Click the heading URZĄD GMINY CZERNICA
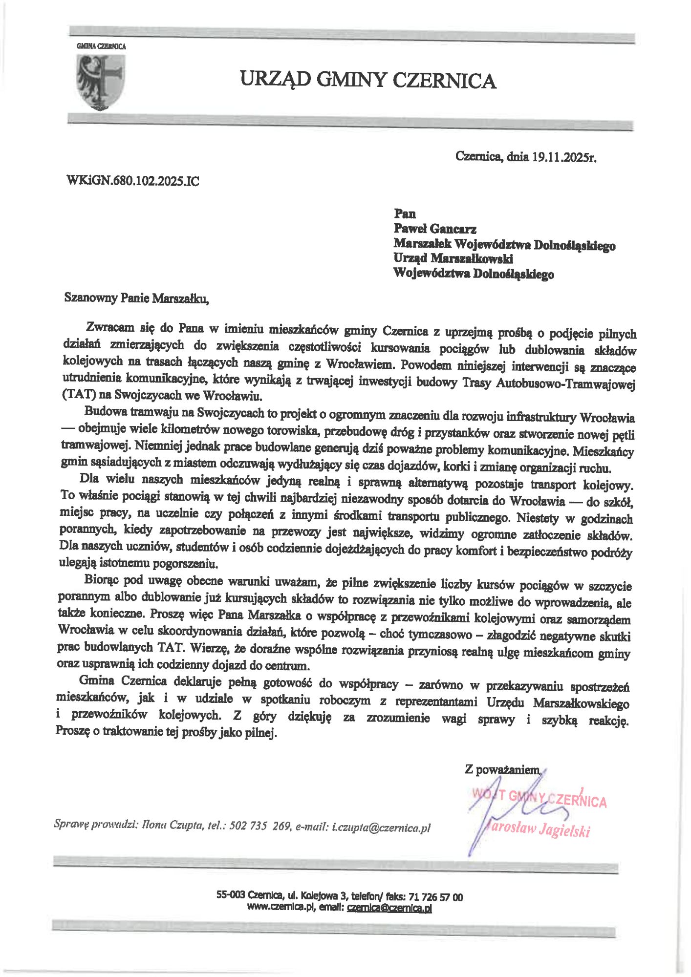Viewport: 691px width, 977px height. pyautogui.click(x=368, y=80)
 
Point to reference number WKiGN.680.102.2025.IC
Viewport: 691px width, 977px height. pyautogui.click(x=132, y=182)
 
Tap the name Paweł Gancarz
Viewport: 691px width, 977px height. pyautogui.click(x=435, y=229)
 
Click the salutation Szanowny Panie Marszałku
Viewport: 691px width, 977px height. pyautogui.click(x=136, y=298)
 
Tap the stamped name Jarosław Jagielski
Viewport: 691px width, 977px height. pyautogui.click(x=538, y=830)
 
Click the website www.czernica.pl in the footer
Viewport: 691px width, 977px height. pyautogui.click(x=281, y=908)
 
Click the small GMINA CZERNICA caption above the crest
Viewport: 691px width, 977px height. pyautogui.click(x=101, y=46)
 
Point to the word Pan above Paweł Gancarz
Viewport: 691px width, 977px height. pyautogui.click(x=405, y=213)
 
